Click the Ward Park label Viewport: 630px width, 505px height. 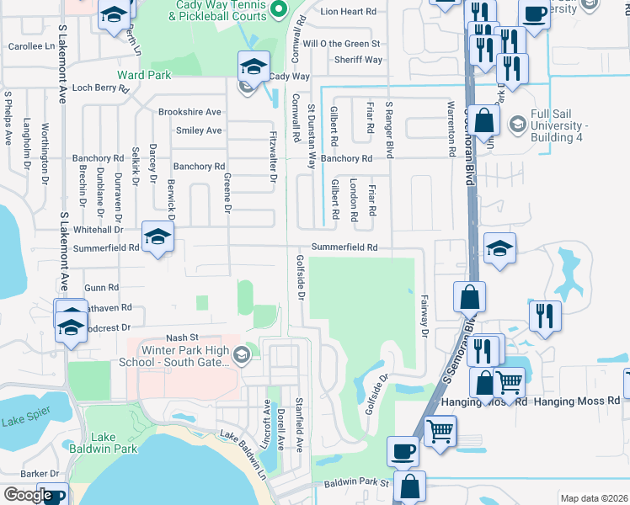[144, 75]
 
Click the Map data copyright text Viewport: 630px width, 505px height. [594, 498]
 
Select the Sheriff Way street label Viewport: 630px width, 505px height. [358, 60]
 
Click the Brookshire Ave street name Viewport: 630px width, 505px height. [190, 111]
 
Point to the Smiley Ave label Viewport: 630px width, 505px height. [199, 130]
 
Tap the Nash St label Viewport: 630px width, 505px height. [181, 336]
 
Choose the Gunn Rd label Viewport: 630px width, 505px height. [101, 288]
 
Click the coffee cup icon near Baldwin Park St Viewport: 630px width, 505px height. [403, 451]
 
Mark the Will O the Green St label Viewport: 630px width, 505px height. [342, 43]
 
